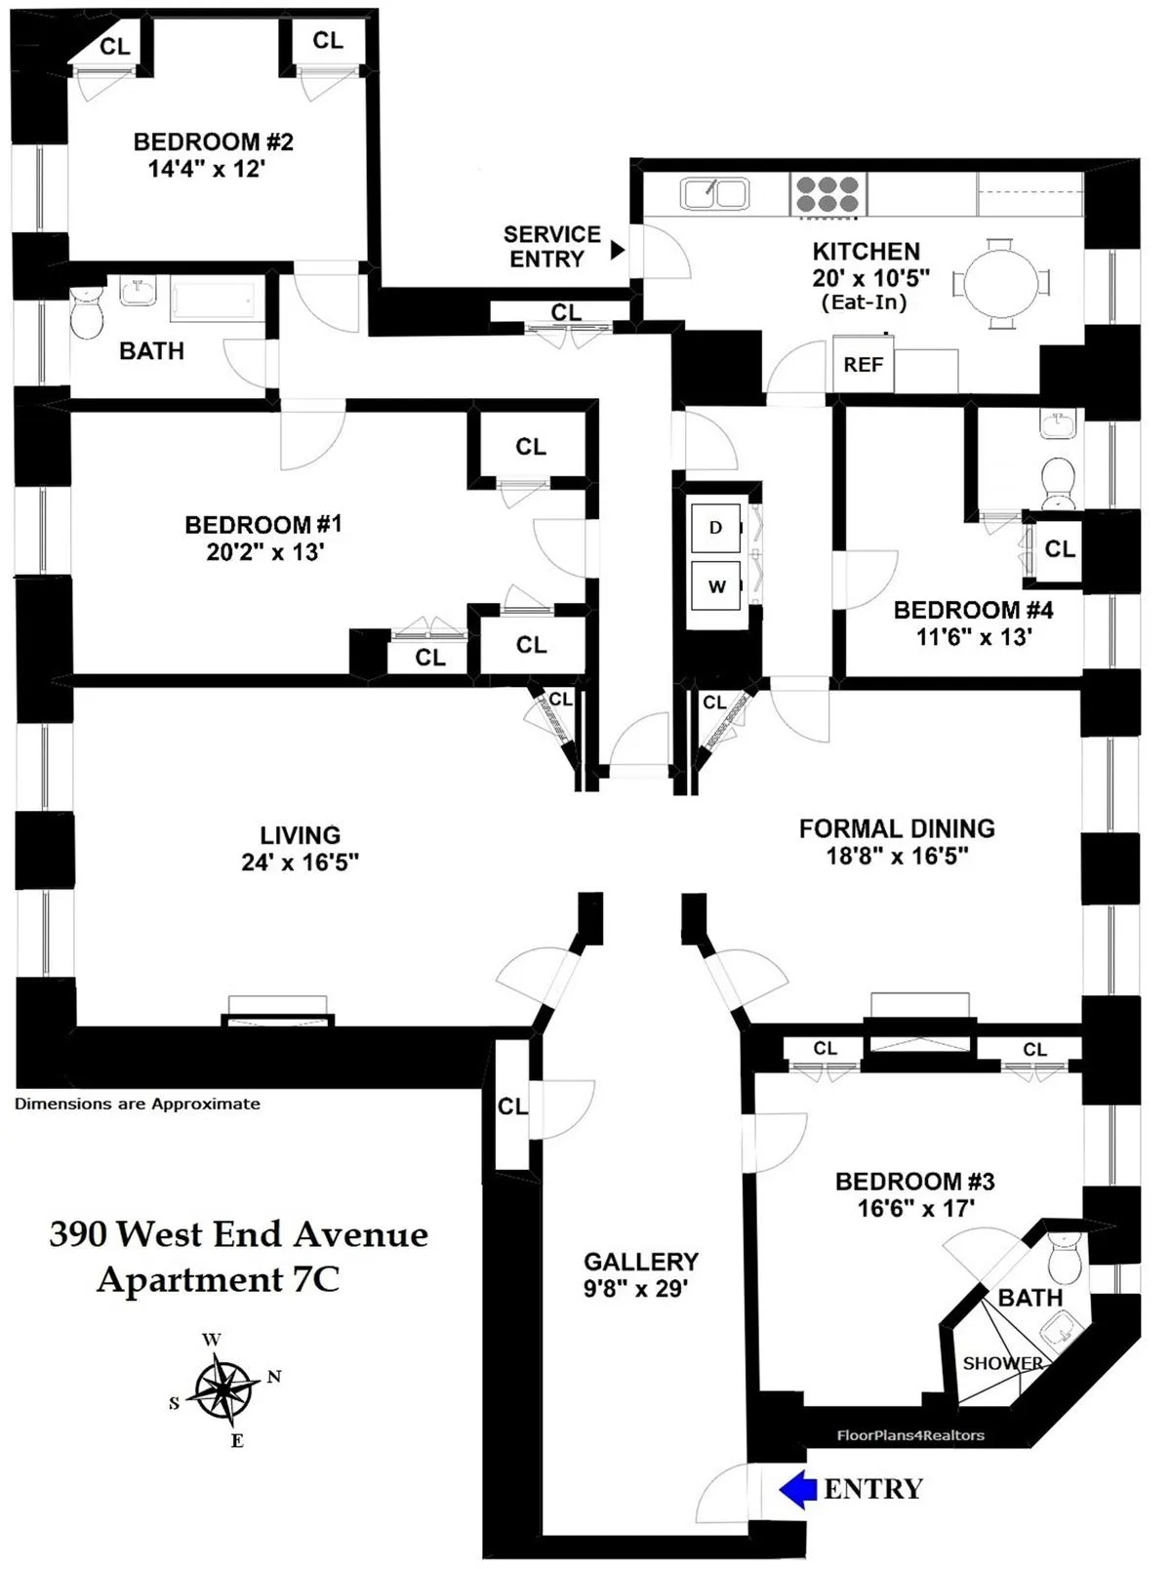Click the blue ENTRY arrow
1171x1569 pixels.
coord(797,1489)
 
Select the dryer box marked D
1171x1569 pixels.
coord(715,528)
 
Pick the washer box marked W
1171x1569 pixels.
coord(715,585)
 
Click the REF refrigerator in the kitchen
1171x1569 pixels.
coord(864,365)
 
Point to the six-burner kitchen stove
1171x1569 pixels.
coord(828,193)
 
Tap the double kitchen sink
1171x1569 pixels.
coord(714,193)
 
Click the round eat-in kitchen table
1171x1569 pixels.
coord(1001,284)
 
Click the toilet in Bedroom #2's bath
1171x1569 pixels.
coord(87,314)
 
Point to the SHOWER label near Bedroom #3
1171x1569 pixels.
coord(1001,1363)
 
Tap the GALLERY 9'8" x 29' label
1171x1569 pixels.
coord(640,1275)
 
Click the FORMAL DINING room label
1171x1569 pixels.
coord(897,828)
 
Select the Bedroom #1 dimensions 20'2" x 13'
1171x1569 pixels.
coord(264,552)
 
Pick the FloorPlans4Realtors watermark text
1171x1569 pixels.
coord(910,1435)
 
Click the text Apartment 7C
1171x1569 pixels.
coord(218,1279)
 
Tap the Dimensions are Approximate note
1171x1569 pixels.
coord(137,1104)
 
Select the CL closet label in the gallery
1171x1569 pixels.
coord(511,1106)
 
